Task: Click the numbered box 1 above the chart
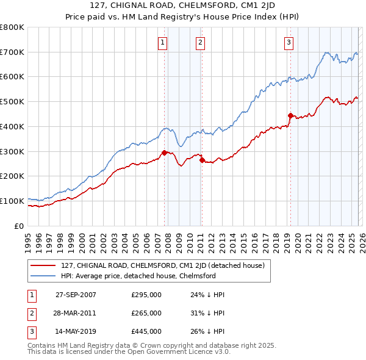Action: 163,42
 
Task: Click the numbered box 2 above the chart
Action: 200,42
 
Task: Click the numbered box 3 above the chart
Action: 289,42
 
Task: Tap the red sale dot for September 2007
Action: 164,153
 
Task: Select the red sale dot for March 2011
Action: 202,160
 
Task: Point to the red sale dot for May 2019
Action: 290,115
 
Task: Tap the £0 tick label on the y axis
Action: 18,226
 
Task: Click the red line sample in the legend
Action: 42,266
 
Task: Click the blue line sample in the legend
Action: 42,276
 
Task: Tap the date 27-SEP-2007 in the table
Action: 76,295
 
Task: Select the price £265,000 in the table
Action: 146,313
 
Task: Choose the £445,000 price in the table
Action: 146,331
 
